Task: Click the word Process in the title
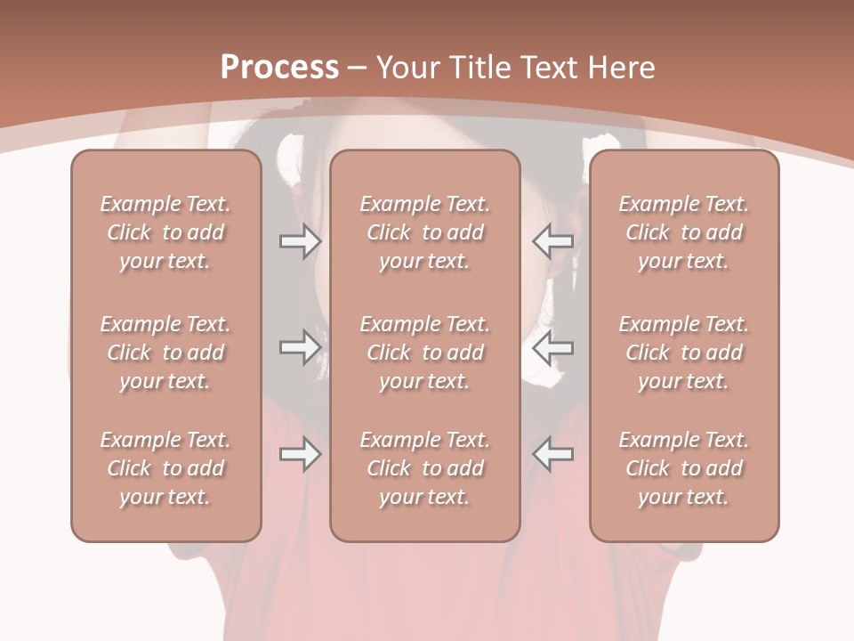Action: pos(279,67)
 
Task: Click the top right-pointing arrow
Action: pos(300,241)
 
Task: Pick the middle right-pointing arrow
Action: pos(300,347)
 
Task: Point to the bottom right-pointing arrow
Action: pos(300,455)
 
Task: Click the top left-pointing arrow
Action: pos(552,241)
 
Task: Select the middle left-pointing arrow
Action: pos(552,347)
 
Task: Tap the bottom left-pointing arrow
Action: pos(552,455)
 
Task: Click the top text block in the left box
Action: pos(165,232)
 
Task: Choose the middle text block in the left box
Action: pos(165,353)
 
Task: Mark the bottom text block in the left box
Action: pos(165,468)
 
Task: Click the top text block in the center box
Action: pos(424,232)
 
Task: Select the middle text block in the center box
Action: pos(424,353)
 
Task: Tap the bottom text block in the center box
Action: pos(424,468)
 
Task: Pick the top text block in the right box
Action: pos(684,232)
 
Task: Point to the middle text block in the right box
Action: pos(684,353)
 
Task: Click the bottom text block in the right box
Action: pos(684,468)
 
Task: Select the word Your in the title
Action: pos(407,68)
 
